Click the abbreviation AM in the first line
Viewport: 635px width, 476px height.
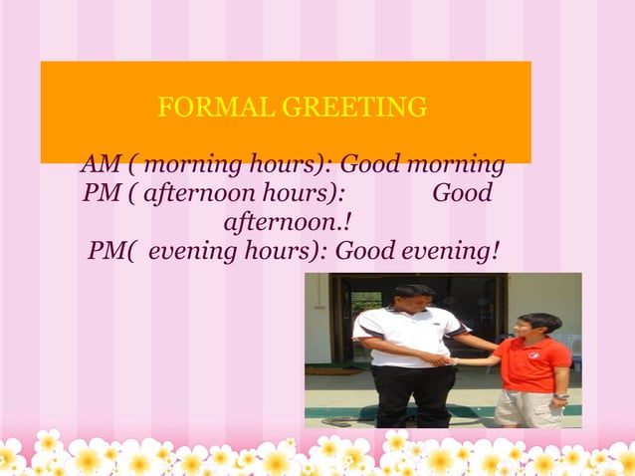[x=98, y=163]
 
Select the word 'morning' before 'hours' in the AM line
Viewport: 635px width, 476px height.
[x=194, y=163]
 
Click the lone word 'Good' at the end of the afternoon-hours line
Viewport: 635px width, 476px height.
[x=462, y=192]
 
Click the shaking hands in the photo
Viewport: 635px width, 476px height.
[x=444, y=358]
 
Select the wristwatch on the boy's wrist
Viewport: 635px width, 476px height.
[x=560, y=397]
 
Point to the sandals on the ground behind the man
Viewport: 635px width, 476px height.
[x=337, y=421]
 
